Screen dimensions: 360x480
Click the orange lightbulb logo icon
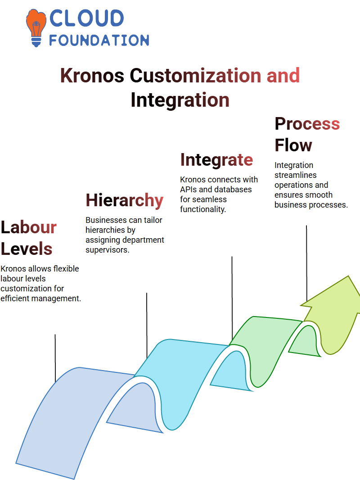pos(36,27)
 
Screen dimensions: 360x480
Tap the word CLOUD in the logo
pos(86,18)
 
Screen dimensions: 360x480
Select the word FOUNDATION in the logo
pos(99,40)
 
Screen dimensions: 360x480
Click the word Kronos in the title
pos(92,75)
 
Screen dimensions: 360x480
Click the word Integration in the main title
pos(180,100)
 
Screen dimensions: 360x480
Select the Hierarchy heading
pos(125,200)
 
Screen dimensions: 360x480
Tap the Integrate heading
pos(216,160)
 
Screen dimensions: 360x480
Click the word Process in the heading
pos(307,124)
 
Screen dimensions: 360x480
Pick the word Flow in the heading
pos(293,145)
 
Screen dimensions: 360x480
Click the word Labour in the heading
pos(29,227)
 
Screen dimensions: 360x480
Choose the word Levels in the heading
pos(27,249)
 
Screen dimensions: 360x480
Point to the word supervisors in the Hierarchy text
pos(108,250)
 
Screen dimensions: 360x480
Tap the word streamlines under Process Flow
pos(296,175)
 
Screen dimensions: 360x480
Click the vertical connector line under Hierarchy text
pos(147,325)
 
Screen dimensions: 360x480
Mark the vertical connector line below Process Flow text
pos(306,263)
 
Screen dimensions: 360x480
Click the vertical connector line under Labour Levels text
pos(55,358)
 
